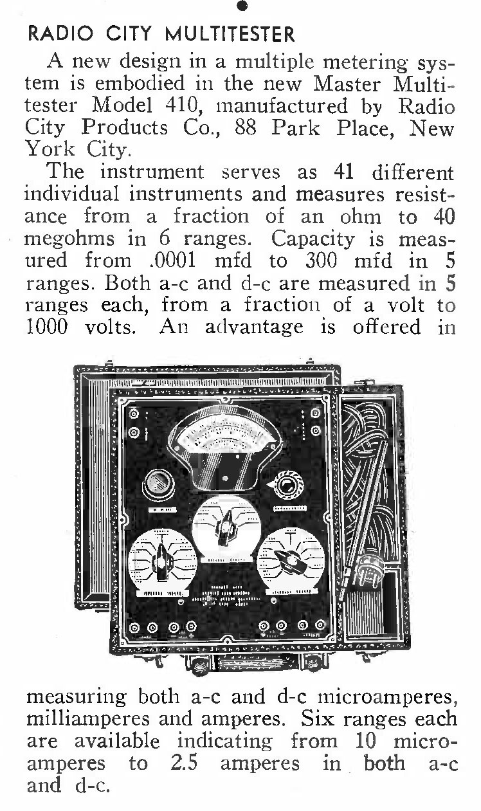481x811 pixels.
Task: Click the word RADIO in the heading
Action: [x=60, y=34]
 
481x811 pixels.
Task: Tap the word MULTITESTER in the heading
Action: [x=230, y=34]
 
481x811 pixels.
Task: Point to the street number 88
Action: [x=246, y=127]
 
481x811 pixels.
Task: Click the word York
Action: [x=50, y=149]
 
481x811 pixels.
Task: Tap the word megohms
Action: [x=70, y=240]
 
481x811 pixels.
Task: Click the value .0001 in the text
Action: [x=172, y=260]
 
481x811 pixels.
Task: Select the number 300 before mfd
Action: [x=322, y=260]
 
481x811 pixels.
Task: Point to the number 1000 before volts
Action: [x=47, y=327]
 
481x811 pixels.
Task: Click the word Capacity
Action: [x=313, y=240]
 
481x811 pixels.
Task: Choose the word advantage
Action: [x=254, y=327]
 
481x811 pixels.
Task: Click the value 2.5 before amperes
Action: [x=184, y=763]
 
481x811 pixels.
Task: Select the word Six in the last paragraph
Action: [x=318, y=718]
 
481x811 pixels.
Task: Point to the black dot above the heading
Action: [x=242, y=5]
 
